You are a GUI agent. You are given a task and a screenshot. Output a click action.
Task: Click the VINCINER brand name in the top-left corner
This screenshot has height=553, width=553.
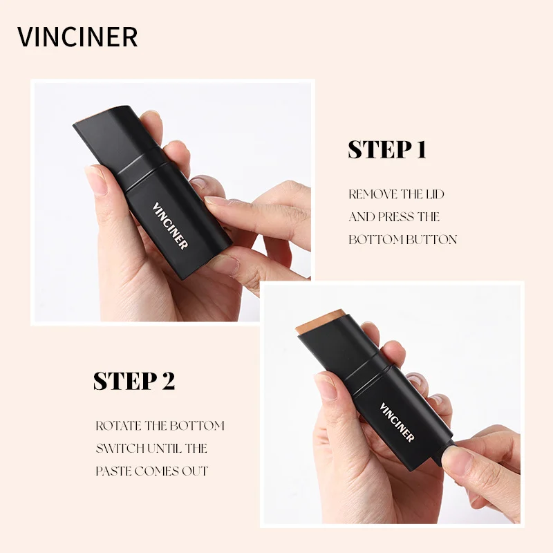[x=77, y=37]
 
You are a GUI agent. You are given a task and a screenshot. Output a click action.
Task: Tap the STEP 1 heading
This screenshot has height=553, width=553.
[x=387, y=149]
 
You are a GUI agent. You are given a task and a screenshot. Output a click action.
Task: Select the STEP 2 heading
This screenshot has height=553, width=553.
[x=134, y=381]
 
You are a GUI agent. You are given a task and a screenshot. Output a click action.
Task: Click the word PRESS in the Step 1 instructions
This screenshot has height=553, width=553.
[x=395, y=217]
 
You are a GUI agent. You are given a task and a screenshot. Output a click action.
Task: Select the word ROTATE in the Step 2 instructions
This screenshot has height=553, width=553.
[x=118, y=426]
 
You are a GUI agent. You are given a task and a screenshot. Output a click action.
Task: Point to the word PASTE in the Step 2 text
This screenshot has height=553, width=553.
[x=113, y=471]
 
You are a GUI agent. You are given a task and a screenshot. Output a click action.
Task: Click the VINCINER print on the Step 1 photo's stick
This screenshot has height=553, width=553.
[x=169, y=226]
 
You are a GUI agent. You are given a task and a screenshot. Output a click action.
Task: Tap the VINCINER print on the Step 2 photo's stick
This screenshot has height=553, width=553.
[x=397, y=422]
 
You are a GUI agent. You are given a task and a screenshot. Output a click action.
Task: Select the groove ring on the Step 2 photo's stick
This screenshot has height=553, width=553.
[x=368, y=379]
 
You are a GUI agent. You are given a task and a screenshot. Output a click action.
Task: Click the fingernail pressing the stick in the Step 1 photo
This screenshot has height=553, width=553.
[x=216, y=200]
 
